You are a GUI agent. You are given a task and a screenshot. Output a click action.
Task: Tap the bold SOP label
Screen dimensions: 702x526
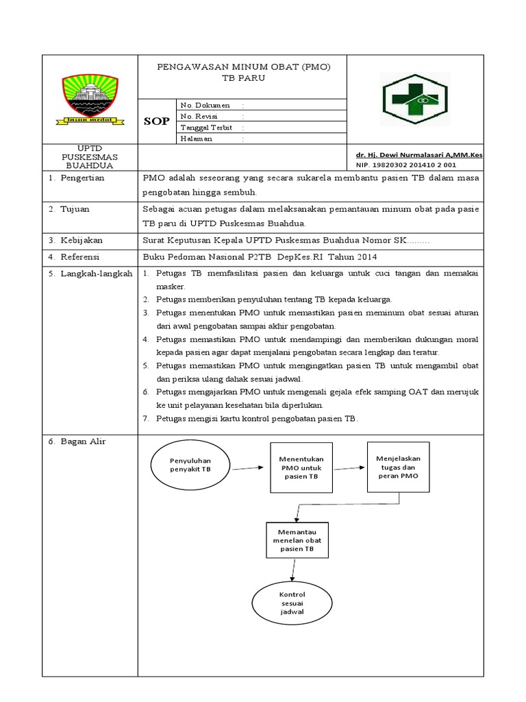(x=155, y=121)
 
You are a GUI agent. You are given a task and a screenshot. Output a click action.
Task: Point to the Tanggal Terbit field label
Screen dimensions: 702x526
(x=206, y=128)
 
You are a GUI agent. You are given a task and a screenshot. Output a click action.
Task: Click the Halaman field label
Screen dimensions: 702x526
(x=196, y=138)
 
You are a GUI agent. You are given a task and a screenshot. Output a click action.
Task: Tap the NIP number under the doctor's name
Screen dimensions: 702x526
(x=400, y=165)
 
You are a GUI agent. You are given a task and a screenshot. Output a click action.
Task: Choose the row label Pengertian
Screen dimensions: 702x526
(x=81, y=178)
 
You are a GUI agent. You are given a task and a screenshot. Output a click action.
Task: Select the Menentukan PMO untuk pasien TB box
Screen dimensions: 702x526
(x=301, y=467)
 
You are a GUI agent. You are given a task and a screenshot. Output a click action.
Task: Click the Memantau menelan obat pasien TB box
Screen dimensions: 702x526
(x=296, y=540)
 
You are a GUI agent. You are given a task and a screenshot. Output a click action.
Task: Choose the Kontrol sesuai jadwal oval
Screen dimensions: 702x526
(x=292, y=603)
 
